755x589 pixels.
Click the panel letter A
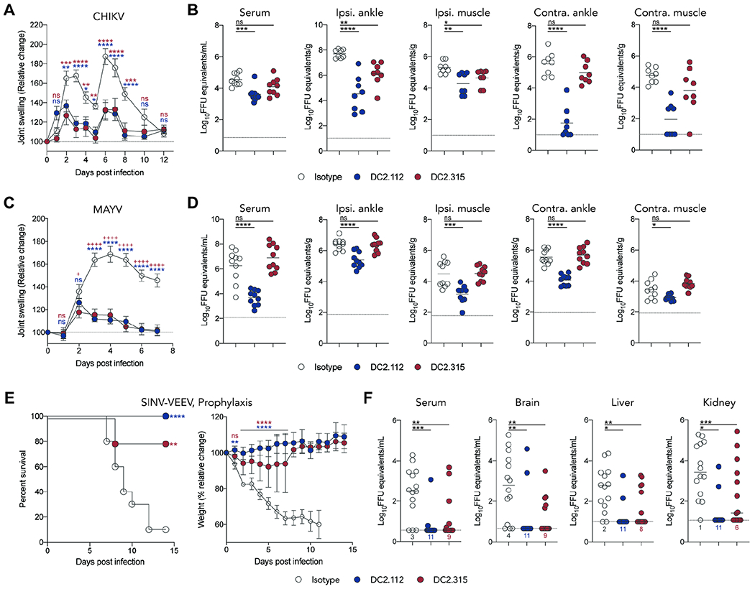pyautogui.click(x=6, y=9)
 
